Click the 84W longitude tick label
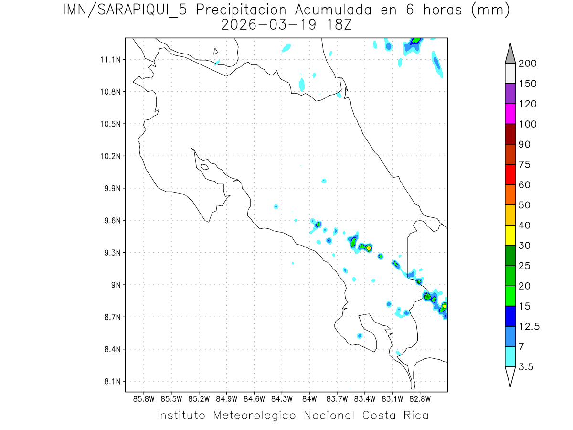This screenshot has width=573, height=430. click(x=309, y=398)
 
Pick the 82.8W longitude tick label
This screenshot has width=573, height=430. click(x=420, y=398)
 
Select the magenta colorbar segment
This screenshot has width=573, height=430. click(x=510, y=114)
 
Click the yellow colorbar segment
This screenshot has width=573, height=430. click(x=510, y=235)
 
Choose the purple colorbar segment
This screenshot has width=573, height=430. click(x=510, y=94)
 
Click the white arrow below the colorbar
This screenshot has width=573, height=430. click(x=510, y=376)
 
